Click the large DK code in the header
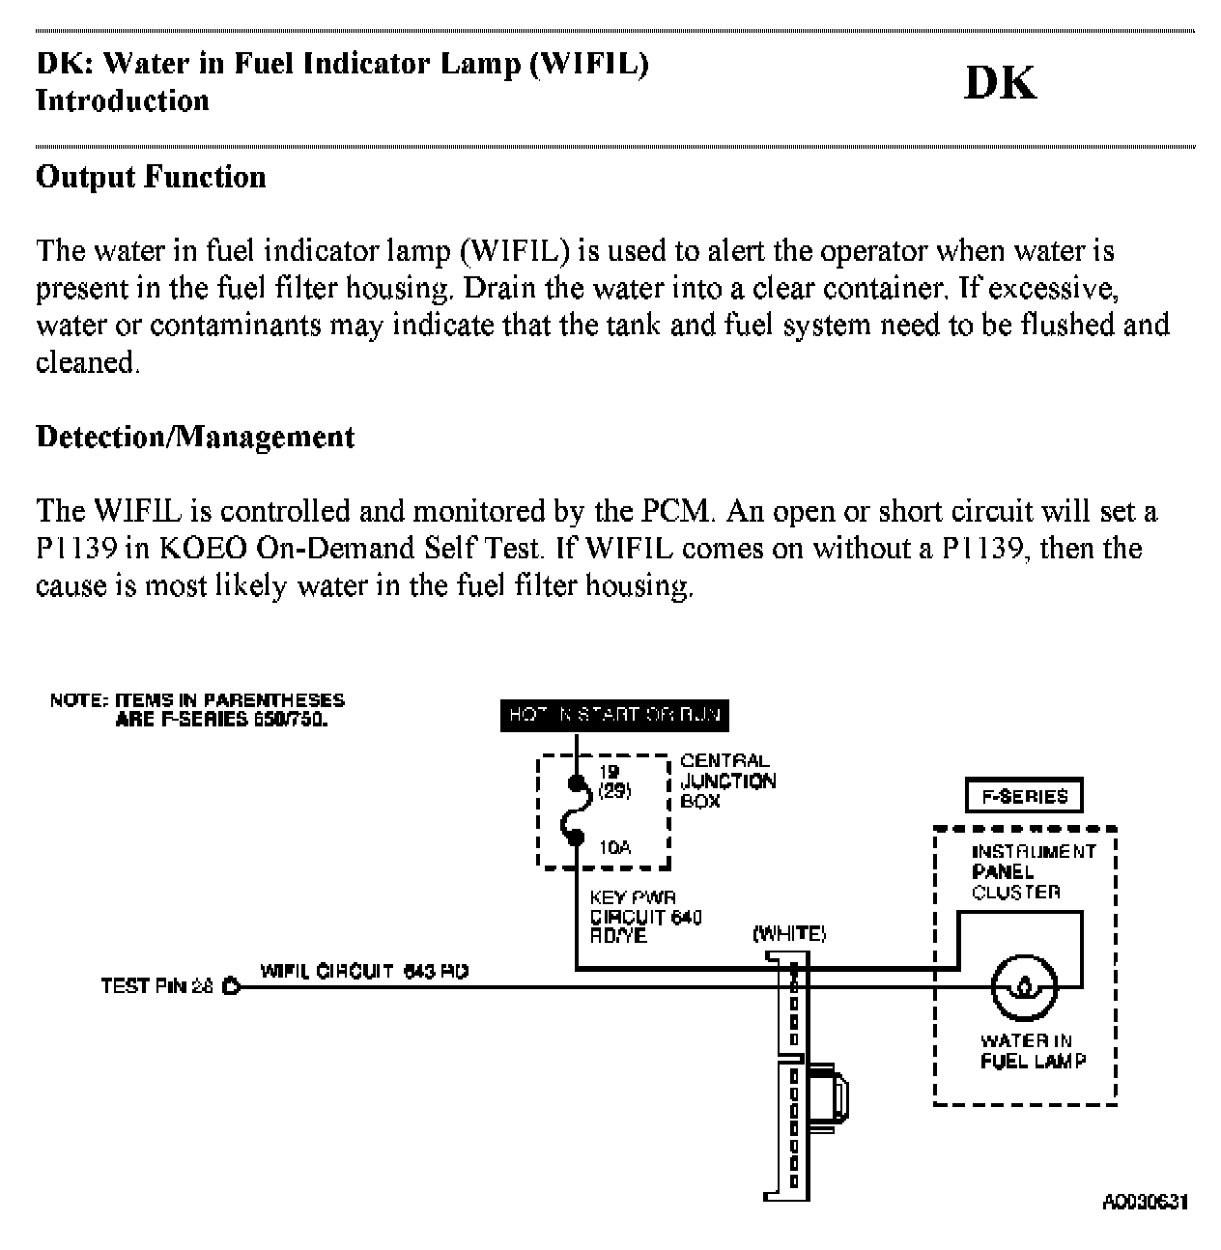pyautogui.click(x=1000, y=84)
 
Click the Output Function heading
pyautogui.click(x=151, y=178)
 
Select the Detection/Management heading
pyautogui.click(x=195, y=438)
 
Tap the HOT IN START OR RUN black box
pyautogui.click(x=614, y=716)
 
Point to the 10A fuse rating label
pyautogui.click(x=614, y=848)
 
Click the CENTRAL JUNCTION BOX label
pyautogui.click(x=727, y=781)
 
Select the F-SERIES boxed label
pyautogui.click(x=1024, y=797)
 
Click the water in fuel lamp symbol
pyautogui.click(x=1025, y=987)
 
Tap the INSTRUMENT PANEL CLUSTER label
pyautogui.click(x=1034, y=871)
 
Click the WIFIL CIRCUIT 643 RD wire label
pyautogui.click(x=364, y=971)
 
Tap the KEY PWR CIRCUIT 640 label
pyautogui.click(x=644, y=917)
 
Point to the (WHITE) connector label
pyautogui.click(x=789, y=934)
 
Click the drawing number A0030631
pyautogui.click(x=1145, y=1202)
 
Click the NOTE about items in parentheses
pyautogui.click(x=197, y=709)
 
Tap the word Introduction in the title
pyautogui.click(x=123, y=101)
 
